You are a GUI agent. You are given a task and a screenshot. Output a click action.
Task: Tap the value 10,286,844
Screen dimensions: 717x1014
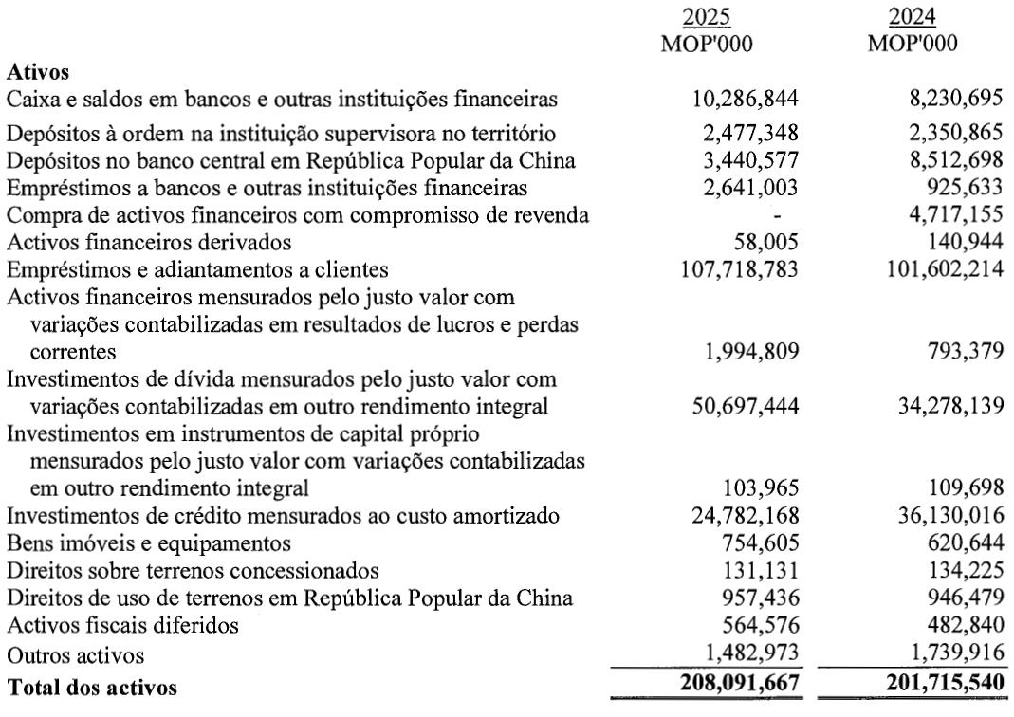[744, 98]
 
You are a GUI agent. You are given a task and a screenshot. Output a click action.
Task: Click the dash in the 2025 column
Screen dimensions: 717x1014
[779, 216]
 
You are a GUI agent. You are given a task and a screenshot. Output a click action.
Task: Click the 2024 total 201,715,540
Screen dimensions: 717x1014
[932, 683]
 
